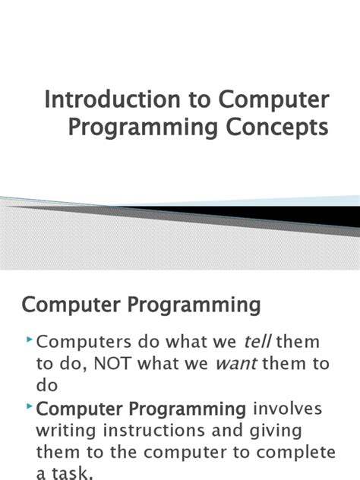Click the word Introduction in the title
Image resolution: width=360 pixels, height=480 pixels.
[88, 100]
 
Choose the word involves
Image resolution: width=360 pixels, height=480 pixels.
[288, 409]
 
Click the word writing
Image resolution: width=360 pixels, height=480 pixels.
[67, 431]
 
